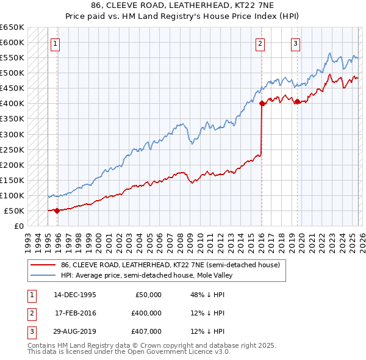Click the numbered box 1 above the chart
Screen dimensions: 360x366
click(55, 43)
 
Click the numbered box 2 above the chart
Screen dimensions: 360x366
click(260, 43)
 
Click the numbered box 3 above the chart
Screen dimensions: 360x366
click(295, 43)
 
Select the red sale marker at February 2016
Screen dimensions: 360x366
click(262, 104)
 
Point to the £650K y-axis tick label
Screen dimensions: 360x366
click(12, 27)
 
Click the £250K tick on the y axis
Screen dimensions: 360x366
click(12, 149)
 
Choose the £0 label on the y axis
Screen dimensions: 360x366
click(18, 226)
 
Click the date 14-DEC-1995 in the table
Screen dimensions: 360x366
click(75, 294)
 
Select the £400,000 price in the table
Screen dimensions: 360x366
click(146, 313)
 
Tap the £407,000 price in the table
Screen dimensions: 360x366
click(146, 332)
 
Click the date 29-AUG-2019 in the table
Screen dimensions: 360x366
click(75, 332)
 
